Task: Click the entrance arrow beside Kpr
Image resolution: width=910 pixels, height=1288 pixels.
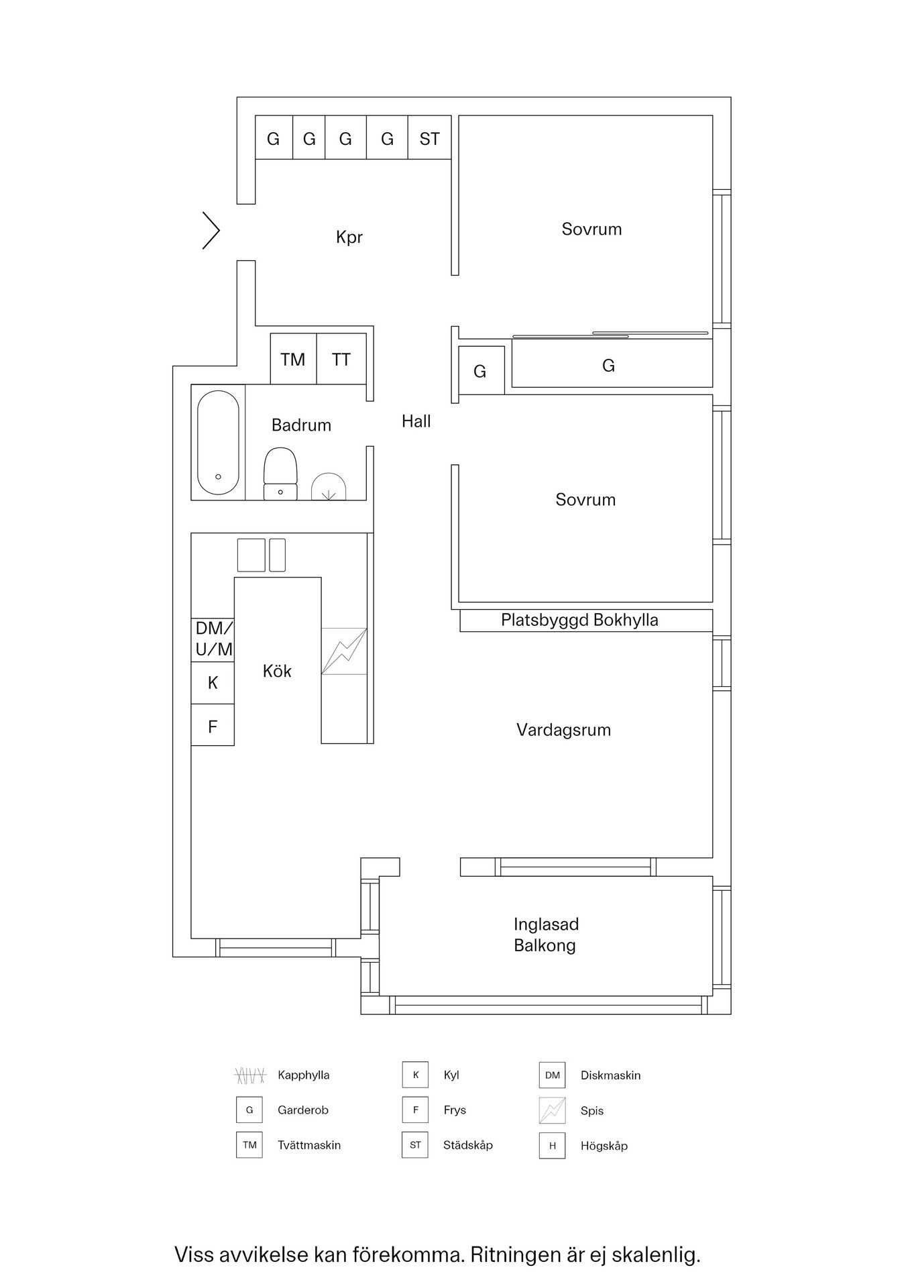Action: pyautogui.click(x=212, y=231)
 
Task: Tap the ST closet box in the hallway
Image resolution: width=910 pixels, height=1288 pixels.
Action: pyautogui.click(x=429, y=138)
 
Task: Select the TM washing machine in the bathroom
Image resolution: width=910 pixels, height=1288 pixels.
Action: pyautogui.click(x=293, y=359)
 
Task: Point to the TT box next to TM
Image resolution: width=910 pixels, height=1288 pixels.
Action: pyautogui.click(x=341, y=359)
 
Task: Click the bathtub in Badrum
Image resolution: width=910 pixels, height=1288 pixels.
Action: pyautogui.click(x=218, y=443)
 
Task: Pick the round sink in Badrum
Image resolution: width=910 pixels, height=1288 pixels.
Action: pyautogui.click(x=329, y=487)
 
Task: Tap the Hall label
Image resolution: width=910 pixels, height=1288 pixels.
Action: pyautogui.click(x=416, y=421)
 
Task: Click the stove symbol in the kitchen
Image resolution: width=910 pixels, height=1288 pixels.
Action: pyautogui.click(x=344, y=651)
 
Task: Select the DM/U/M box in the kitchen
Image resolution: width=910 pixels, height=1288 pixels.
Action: pyautogui.click(x=213, y=639)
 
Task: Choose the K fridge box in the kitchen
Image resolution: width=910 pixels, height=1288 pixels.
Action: pyautogui.click(x=213, y=683)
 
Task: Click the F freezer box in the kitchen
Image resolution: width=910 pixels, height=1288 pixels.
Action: pyautogui.click(x=213, y=726)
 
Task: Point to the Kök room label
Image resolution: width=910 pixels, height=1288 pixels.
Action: pyautogui.click(x=277, y=671)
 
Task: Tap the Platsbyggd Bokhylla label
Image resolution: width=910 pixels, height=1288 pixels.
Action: pyautogui.click(x=579, y=621)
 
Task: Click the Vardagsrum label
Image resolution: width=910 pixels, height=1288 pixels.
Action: pyautogui.click(x=563, y=730)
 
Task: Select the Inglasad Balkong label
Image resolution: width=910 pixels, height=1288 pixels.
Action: pyautogui.click(x=546, y=934)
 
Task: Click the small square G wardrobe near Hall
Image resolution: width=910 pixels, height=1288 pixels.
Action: pyautogui.click(x=481, y=370)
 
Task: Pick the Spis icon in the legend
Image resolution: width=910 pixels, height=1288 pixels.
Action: pyautogui.click(x=552, y=1110)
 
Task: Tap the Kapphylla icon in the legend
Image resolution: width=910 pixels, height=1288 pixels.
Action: pyautogui.click(x=250, y=1075)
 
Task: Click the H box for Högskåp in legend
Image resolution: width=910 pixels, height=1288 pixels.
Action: pyautogui.click(x=552, y=1146)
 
